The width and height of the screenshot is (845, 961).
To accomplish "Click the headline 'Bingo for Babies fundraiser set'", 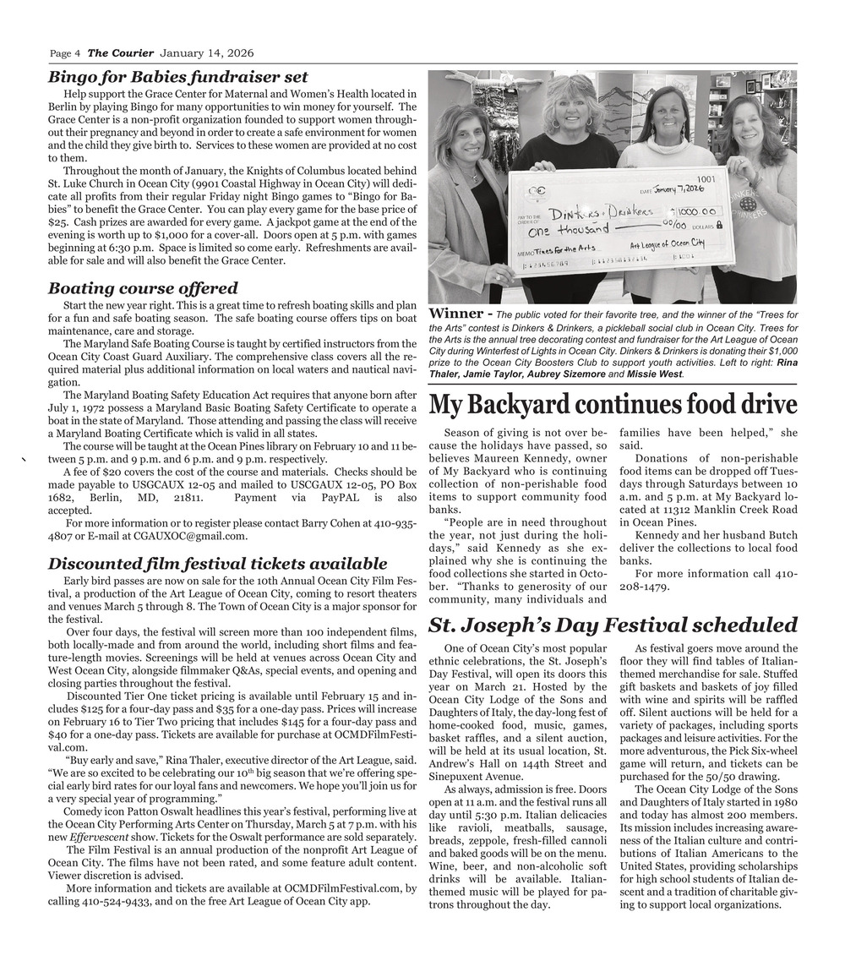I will [177, 77].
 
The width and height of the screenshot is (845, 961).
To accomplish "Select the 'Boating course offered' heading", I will [143, 288].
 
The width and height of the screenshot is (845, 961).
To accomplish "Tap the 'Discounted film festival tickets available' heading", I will [217, 563].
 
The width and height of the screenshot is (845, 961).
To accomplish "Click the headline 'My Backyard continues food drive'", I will [613, 405].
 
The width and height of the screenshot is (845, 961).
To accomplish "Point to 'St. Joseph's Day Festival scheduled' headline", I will [613, 625].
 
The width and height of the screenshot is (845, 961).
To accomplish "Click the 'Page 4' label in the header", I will [65, 53].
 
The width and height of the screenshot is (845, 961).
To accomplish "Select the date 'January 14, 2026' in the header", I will [207, 53].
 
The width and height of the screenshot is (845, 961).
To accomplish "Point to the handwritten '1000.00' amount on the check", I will [696, 210].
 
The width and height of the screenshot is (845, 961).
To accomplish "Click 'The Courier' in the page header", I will [121, 53].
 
